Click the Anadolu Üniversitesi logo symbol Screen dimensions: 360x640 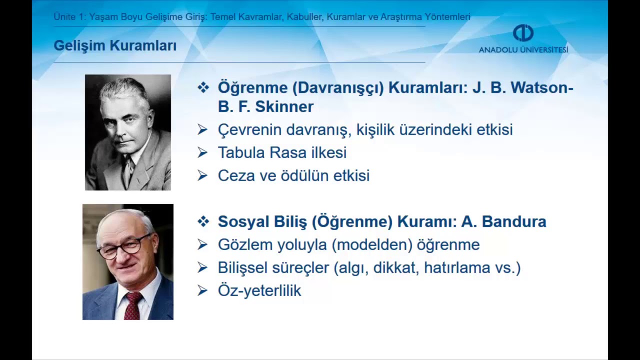point(523,33)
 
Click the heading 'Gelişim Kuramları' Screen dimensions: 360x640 point(115,46)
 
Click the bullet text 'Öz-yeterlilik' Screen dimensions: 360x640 point(259,290)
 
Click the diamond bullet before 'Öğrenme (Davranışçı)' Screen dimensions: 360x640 point(203,88)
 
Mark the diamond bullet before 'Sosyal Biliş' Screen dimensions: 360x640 point(203,221)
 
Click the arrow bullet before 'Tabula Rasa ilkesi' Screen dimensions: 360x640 point(202,152)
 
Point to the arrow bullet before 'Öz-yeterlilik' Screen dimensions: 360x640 point(202,290)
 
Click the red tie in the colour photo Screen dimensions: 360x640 point(133,306)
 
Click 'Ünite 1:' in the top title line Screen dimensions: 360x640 point(69,17)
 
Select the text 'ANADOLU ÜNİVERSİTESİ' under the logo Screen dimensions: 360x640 point(523,50)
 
